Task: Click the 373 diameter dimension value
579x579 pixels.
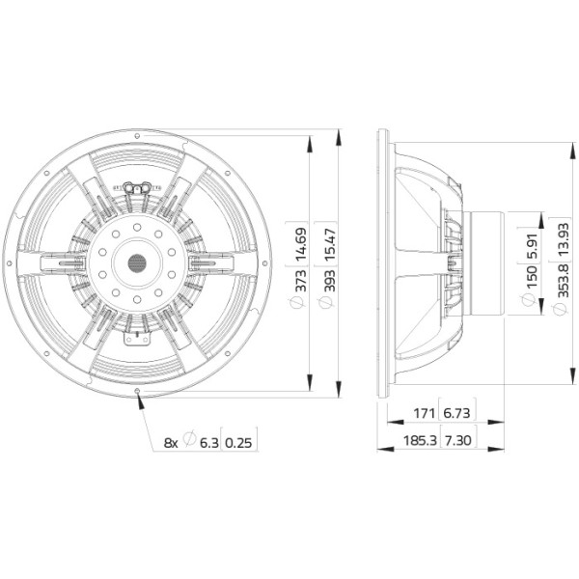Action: pos(301,281)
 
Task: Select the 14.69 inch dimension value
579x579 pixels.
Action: pos(301,242)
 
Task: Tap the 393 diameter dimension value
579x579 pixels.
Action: pos(330,281)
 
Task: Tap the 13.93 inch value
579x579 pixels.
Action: pos(564,239)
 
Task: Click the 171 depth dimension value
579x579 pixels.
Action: pos(424,413)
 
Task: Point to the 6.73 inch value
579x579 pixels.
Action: pos(456,413)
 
